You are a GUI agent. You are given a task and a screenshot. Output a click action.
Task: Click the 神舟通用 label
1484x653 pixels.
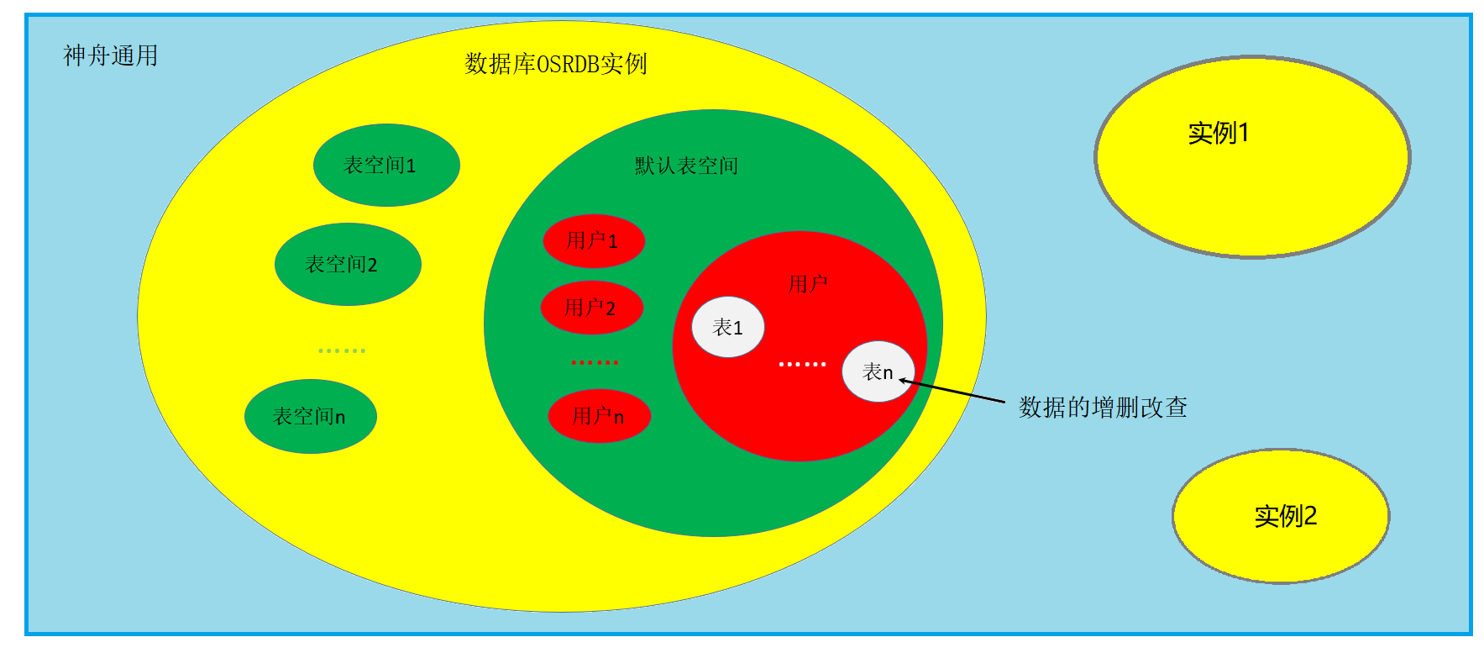[x=111, y=56]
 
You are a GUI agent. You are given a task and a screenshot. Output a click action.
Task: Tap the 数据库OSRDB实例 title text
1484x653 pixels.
[x=555, y=64]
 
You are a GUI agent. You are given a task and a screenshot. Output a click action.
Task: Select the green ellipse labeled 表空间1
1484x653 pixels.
[x=386, y=165]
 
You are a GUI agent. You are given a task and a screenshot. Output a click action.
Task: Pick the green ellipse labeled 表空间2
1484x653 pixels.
[x=348, y=264]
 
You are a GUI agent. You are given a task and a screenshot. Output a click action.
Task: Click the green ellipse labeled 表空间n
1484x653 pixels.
[x=310, y=416]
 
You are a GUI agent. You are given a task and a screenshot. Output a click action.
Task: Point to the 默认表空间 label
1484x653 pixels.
[x=686, y=166]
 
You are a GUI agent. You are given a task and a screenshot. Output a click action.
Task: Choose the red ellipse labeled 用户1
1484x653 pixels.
[x=593, y=241]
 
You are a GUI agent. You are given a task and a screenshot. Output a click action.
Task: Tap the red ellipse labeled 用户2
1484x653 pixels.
[x=591, y=308]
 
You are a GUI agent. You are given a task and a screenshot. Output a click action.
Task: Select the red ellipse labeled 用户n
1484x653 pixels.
[x=599, y=416]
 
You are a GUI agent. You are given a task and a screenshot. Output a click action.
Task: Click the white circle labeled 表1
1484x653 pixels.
[x=727, y=327]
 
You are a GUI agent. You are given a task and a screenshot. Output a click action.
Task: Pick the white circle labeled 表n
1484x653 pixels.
[x=877, y=371]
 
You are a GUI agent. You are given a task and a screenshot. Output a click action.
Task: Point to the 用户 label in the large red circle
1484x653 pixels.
[x=808, y=284]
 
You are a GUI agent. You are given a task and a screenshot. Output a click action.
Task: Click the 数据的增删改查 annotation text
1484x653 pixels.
[x=1103, y=408]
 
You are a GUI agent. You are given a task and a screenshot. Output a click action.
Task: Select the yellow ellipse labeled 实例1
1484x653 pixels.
[x=1252, y=157]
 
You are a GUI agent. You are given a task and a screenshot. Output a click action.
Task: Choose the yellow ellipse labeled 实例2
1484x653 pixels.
[x=1280, y=515]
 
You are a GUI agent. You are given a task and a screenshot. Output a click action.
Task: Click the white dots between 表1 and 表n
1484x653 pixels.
[x=802, y=364]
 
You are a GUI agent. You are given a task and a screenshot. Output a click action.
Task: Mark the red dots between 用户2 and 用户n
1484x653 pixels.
[x=595, y=362]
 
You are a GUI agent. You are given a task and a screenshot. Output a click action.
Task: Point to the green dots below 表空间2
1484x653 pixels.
[x=342, y=350]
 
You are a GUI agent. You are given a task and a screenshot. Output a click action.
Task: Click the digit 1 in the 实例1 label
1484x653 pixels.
[x=1244, y=133]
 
